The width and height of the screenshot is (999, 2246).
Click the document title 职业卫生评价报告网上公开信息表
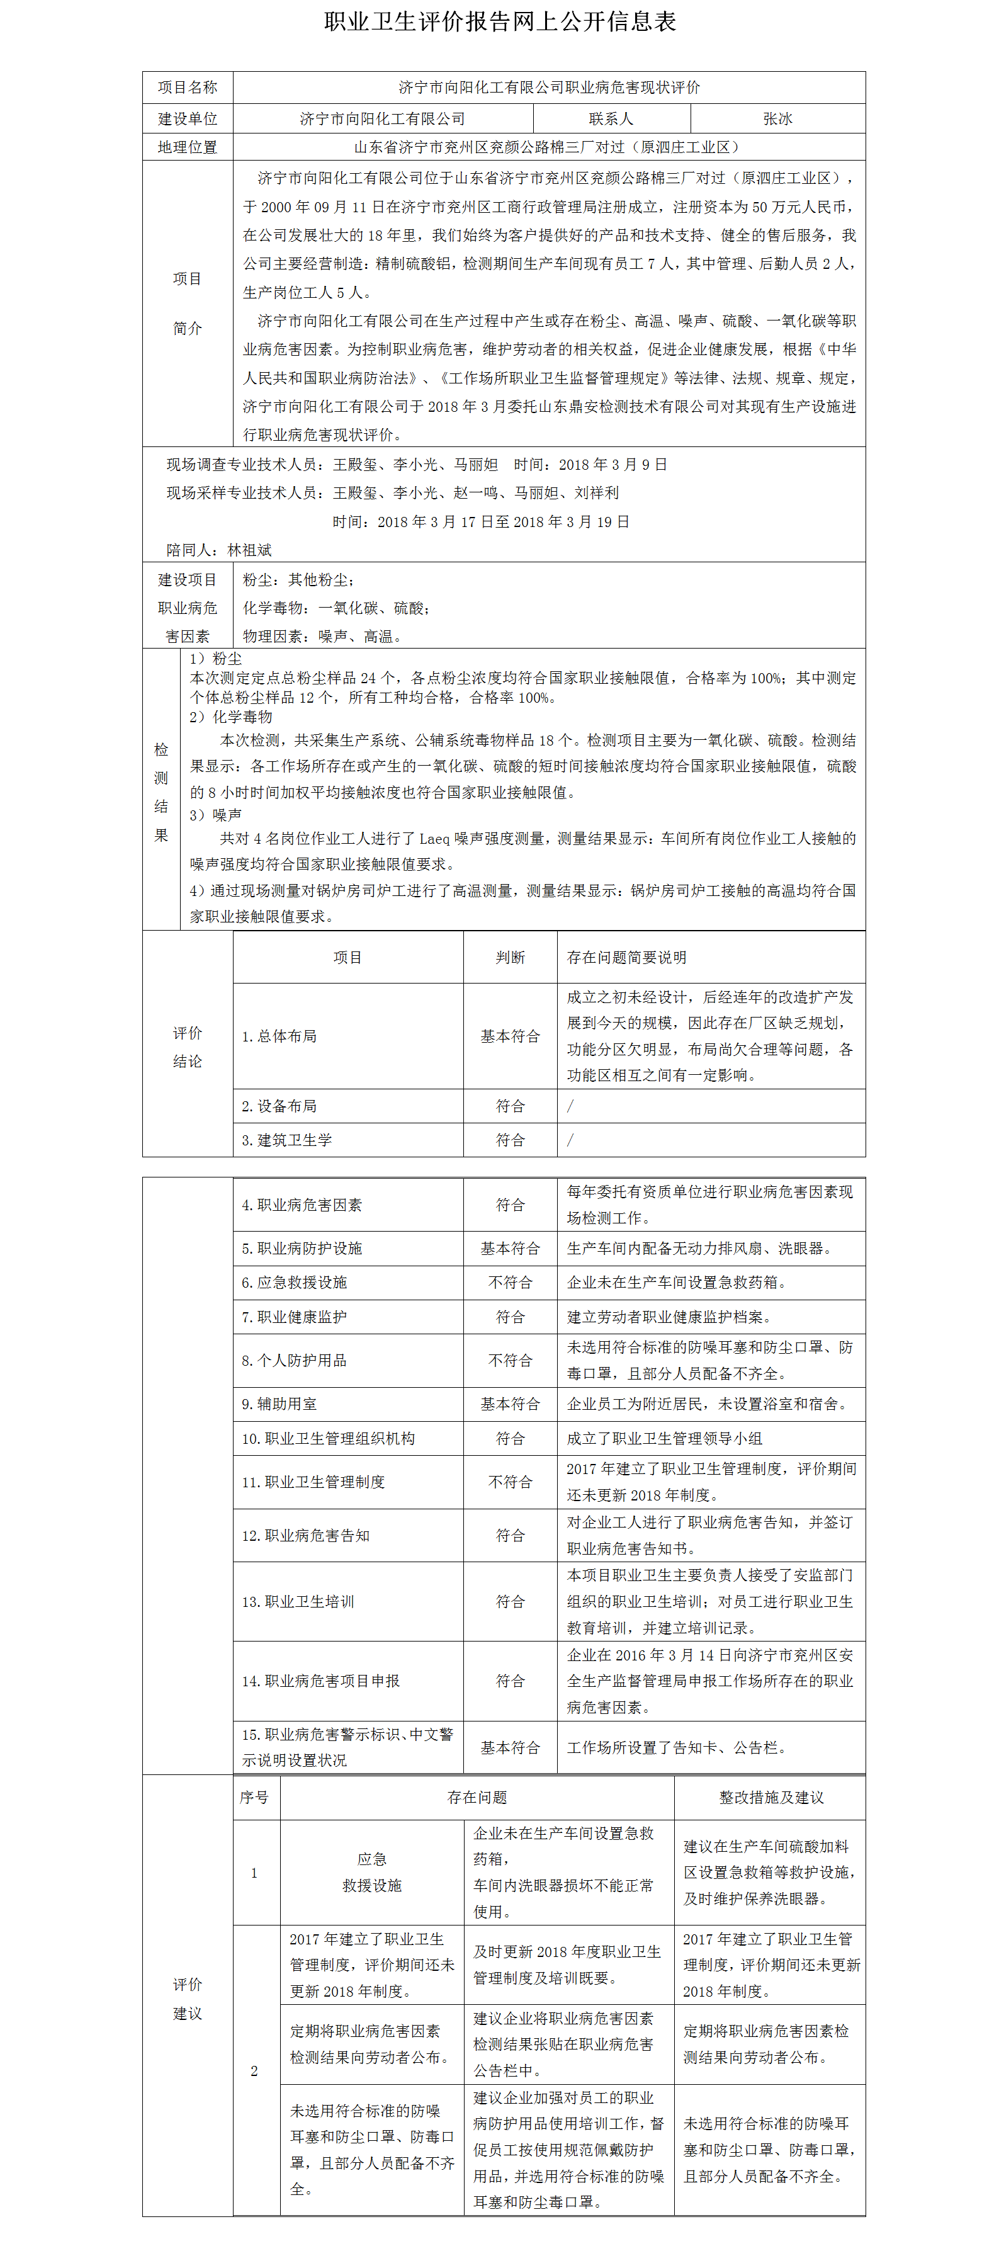(500, 22)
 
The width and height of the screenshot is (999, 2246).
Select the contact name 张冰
(777, 118)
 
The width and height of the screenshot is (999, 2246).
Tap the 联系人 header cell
(611, 118)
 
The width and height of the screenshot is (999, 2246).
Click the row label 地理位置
(188, 147)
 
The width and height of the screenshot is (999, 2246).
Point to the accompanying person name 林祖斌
(249, 550)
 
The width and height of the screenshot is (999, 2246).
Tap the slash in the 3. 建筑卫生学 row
(571, 1140)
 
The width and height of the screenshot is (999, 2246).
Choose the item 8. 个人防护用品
(294, 1360)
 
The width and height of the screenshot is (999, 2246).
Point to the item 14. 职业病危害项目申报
(321, 1681)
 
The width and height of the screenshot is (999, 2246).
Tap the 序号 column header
(254, 1798)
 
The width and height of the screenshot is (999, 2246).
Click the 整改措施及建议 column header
(770, 1798)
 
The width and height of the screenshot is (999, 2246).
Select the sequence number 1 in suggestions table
(254, 1873)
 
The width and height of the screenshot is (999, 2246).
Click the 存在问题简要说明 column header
(627, 957)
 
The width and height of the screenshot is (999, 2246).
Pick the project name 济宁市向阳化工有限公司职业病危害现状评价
(549, 87)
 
